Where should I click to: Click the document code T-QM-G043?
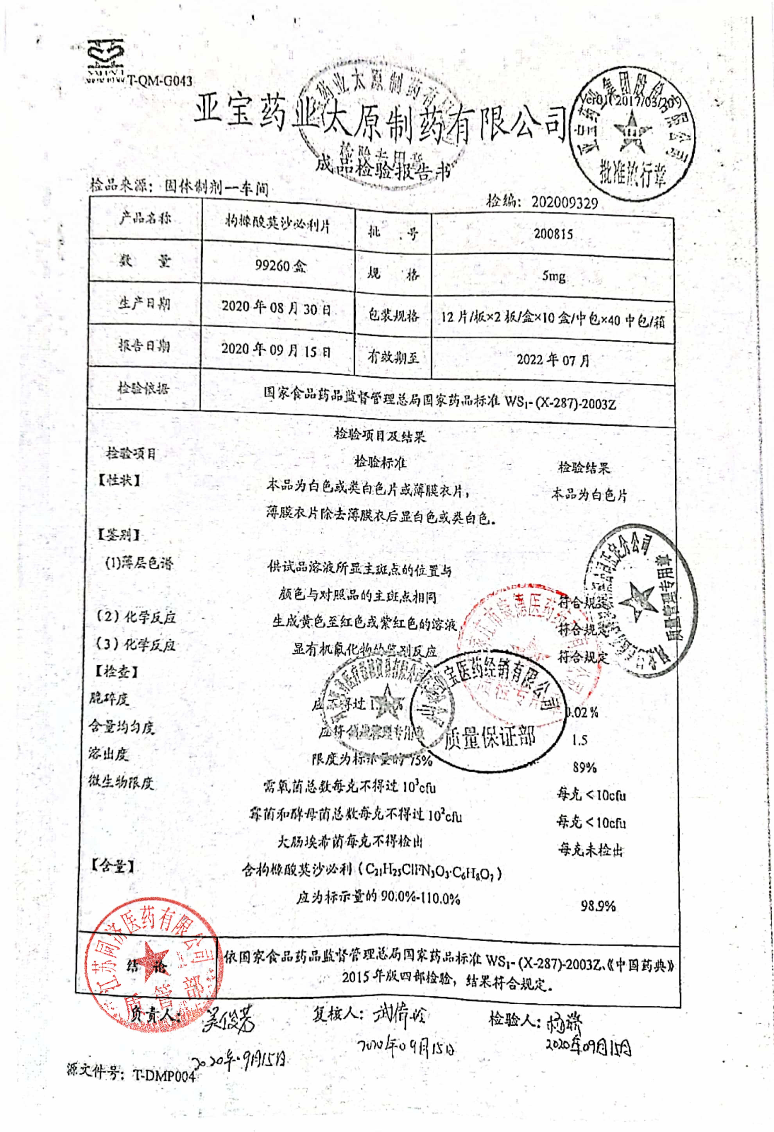coord(160,81)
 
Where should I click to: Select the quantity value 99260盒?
coord(281,265)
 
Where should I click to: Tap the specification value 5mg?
coord(554,276)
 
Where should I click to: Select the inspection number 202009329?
coord(564,202)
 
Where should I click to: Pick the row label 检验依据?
coord(143,388)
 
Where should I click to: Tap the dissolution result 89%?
coord(584,768)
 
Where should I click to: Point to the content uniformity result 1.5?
coord(580,740)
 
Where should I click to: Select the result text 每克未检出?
coord(590,850)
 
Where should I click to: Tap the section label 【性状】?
coord(119,480)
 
